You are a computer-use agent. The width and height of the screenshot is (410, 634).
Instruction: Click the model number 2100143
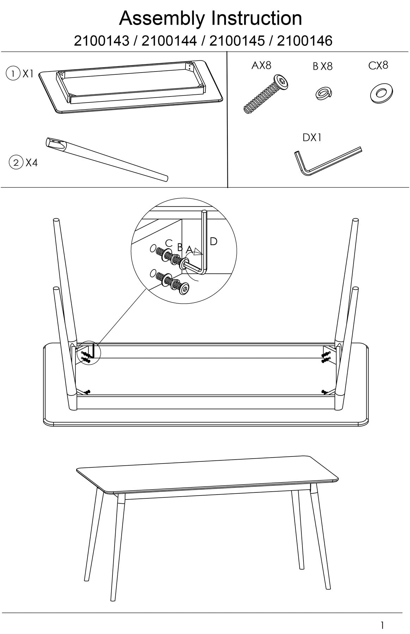(102, 41)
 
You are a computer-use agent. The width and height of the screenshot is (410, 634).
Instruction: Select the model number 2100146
(305, 41)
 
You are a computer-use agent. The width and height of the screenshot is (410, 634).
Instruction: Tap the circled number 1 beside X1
(13, 74)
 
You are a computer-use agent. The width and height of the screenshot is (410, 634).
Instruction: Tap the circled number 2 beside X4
(16, 163)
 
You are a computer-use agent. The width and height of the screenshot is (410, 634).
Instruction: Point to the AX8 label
(261, 65)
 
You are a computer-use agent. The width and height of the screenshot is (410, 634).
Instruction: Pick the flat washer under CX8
(381, 93)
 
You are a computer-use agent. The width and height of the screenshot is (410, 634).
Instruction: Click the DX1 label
(312, 137)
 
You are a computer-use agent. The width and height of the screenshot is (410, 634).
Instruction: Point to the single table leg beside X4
(107, 160)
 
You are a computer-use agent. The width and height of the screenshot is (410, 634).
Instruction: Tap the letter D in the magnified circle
(213, 241)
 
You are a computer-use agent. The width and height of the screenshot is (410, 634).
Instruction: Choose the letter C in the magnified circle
(169, 243)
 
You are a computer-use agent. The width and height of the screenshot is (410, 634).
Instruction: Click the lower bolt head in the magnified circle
(185, 290)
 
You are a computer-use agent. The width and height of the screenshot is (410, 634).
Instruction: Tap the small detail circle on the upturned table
(89, 353)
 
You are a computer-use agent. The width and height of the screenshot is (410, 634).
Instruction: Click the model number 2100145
(237, 41)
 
